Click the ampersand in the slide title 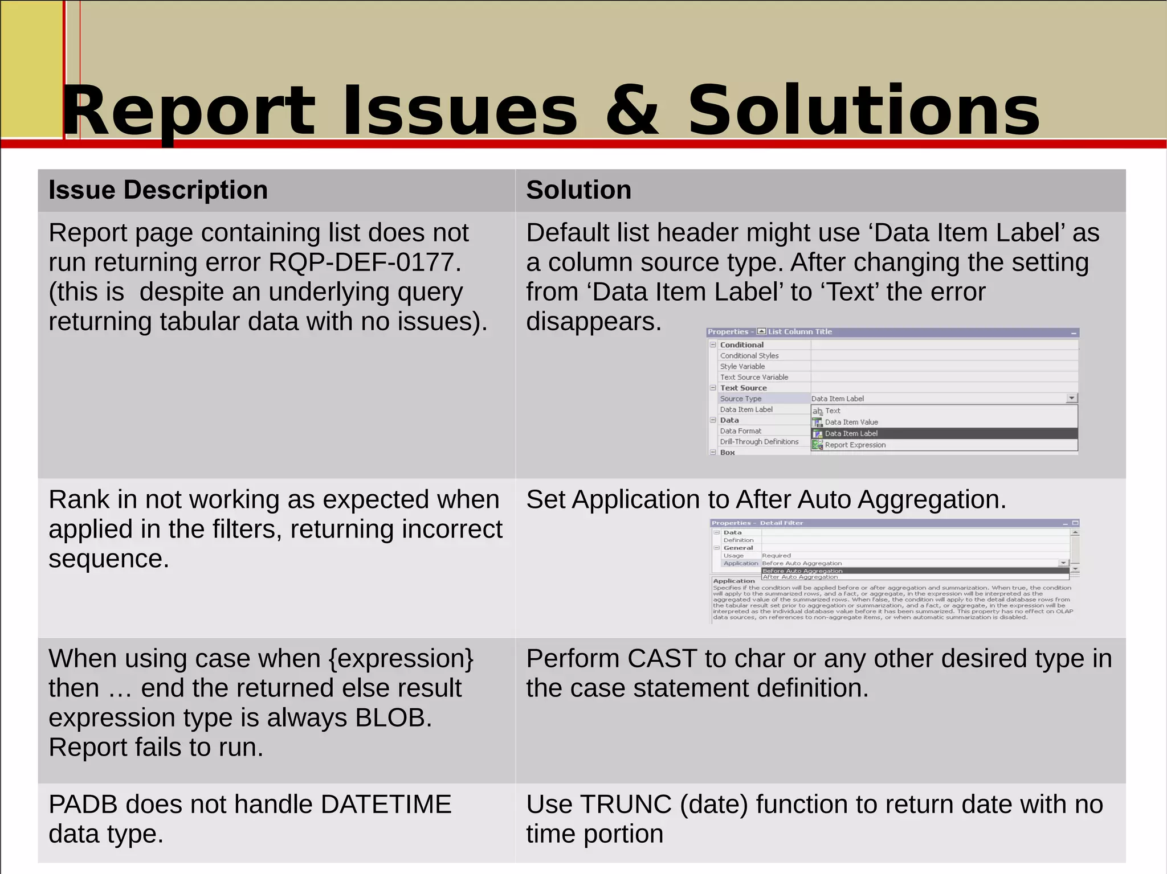[631, 111]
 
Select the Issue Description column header [158, 190]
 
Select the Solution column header [578, 190]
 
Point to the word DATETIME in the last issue [386, 805]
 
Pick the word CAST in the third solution [662, 659]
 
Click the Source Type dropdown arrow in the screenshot [1071, 399]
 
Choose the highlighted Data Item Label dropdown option [851, 434]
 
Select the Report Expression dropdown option [855, 445]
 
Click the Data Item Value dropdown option [851, 422]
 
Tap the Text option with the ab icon [832, 411]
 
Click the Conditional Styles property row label [749, 356]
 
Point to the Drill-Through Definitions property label [759, 442]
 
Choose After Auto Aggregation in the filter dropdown [800, 577]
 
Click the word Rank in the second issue [79, 500]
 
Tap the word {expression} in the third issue [401, 659]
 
